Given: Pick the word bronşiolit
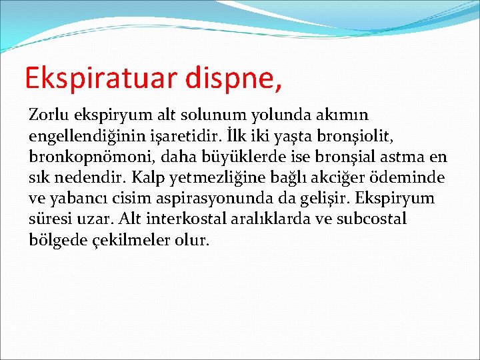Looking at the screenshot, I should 361,136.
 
